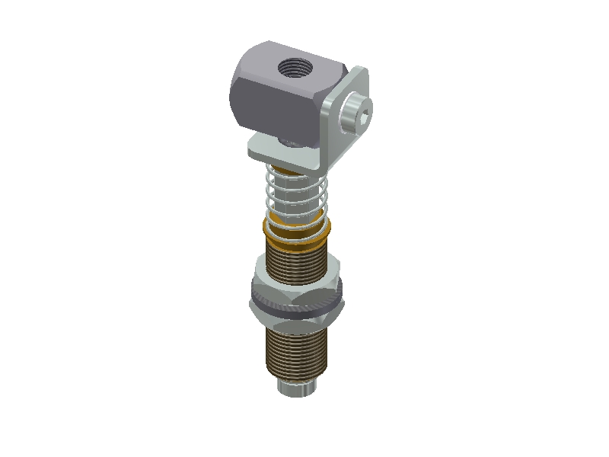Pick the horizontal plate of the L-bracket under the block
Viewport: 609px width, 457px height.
(274, 151)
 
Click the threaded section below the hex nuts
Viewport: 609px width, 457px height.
(295, 350)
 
